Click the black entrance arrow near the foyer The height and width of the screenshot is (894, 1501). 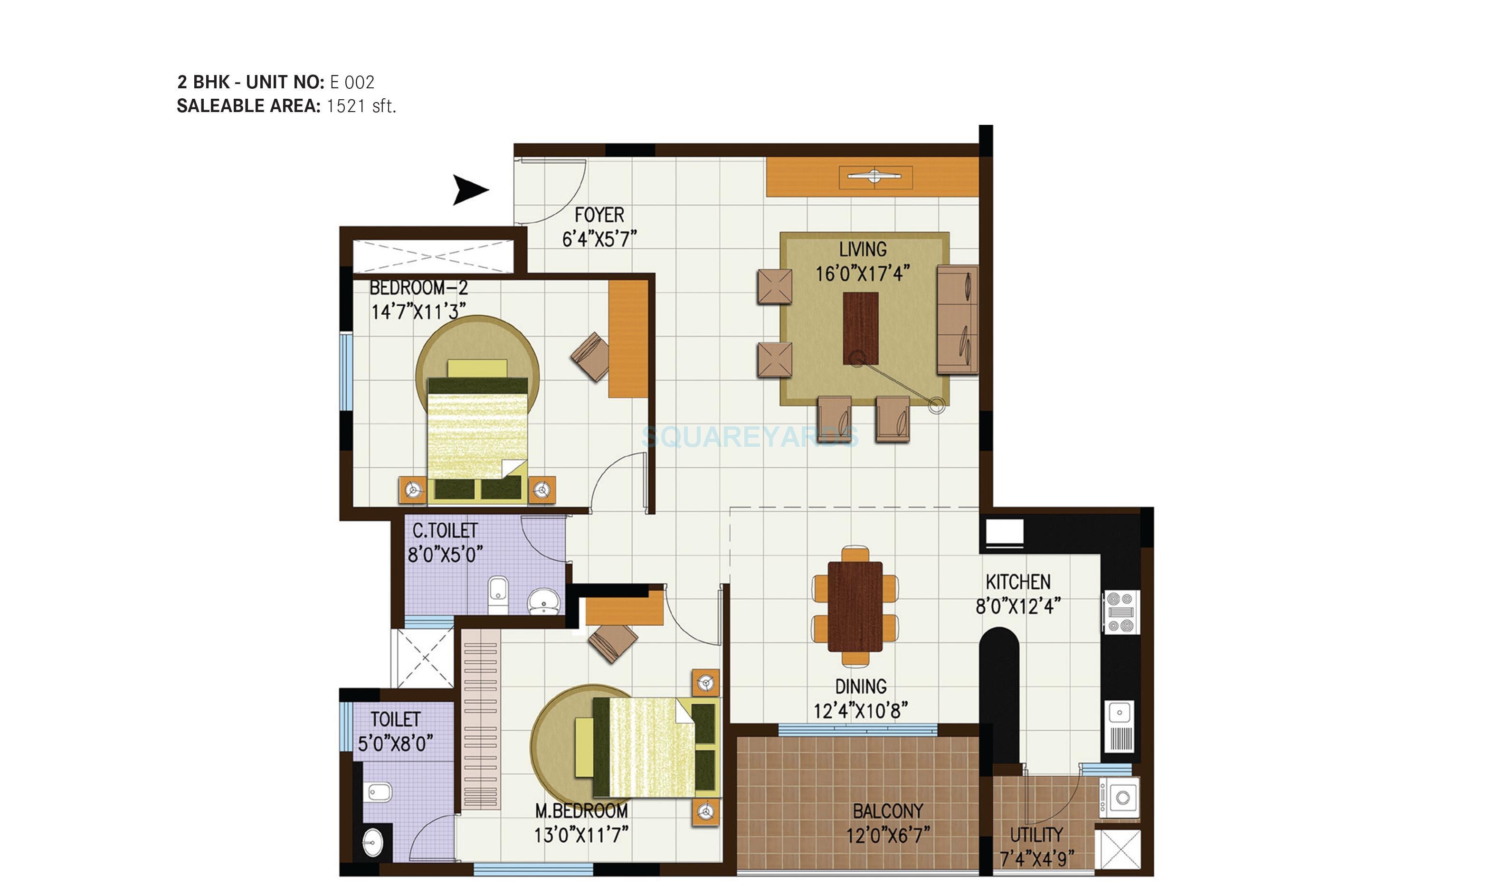coord(469,190)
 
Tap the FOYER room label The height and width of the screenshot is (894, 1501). coord(599,215)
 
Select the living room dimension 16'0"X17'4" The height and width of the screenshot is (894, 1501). coord(862,274)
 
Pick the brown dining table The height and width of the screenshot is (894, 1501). coord(855,607)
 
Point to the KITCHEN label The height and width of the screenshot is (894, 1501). coord(1018,582)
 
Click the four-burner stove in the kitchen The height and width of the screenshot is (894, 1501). coord(1121,612)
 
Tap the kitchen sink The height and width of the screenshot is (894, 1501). coord(1119,713)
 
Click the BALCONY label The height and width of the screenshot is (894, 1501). coord(888,811)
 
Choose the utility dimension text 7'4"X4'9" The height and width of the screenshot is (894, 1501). coord(1036,858)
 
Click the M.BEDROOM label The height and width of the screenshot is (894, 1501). coord(581,811)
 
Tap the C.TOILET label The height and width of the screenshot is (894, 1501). coord(445,531)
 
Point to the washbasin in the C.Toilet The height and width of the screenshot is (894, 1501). coord(544,601)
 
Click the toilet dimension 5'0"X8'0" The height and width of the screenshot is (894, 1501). coord(395,744)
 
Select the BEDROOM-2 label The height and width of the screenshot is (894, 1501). coord(418,288)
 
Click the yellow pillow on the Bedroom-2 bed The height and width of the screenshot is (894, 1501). coord(477,368)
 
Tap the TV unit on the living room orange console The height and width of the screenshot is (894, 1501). coord(875,177)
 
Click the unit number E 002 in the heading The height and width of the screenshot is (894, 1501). coord(352,82)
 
